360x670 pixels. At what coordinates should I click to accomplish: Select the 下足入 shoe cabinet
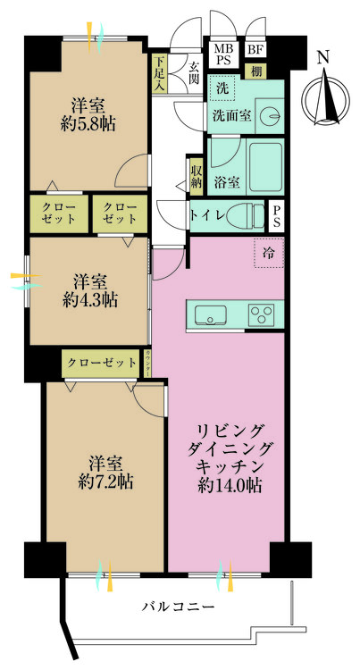coord(159,74)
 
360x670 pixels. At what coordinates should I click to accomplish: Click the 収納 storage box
coord(196,173)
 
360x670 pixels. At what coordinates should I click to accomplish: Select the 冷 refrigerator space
coord(267,253)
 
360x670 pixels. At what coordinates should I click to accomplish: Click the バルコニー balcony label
coord(178,607)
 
